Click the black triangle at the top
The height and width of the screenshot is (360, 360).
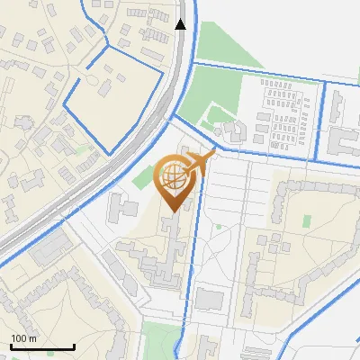[x=181, y=24]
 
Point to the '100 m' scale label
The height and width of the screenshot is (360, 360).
[x=24, y=338]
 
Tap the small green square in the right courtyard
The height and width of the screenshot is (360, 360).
[x=307, y=220]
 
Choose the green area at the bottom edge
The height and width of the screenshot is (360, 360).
[x=163, y=341]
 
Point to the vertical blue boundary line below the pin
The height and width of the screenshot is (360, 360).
[x=189, y=270]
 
